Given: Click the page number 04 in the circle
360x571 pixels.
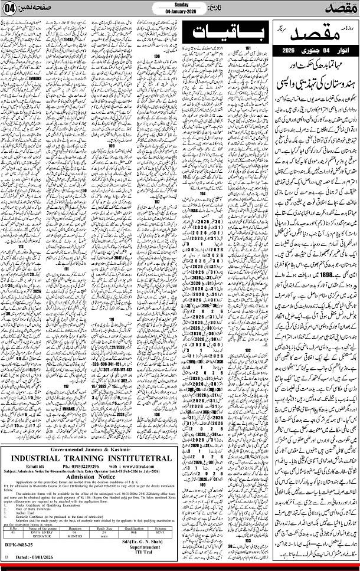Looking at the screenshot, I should coord(12,10).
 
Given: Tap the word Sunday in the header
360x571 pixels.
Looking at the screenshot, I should coord(181,4).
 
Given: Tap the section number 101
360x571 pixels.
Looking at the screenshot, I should coord(248,47).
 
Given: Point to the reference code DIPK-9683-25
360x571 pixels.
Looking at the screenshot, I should coord(19,547).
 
